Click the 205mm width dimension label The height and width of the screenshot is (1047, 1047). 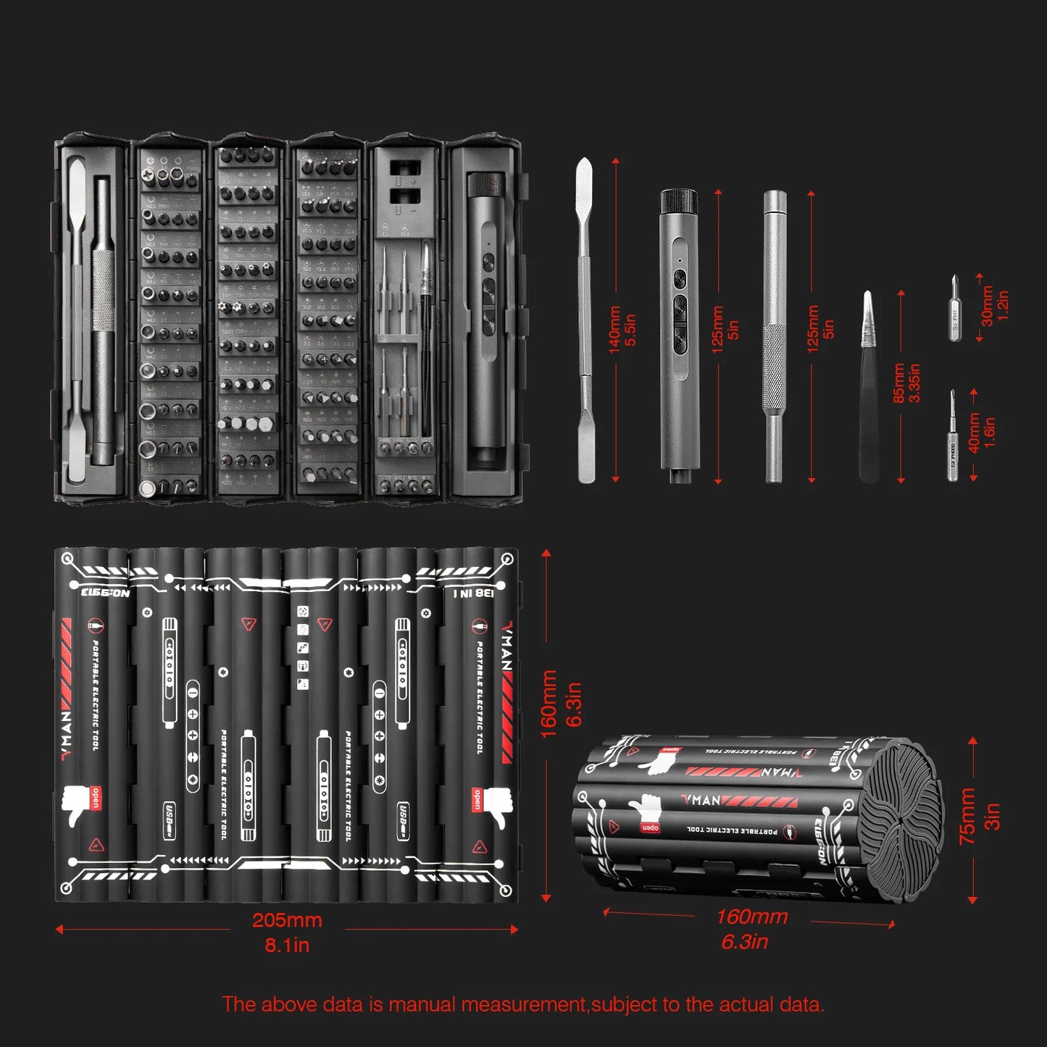[x=287, y=920]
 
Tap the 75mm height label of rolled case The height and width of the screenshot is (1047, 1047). [x=968, y=817]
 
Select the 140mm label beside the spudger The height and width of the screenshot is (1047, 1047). [x=614, y=330]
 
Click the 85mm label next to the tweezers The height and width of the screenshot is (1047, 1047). [x=899, y=383]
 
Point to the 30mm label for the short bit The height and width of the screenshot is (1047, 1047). [x=988, y=306]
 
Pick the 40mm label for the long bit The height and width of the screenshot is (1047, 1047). [x=975, y=433]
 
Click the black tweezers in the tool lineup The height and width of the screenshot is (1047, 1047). [x=869, y=391]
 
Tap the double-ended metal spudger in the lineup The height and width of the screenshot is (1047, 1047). [x=585, y=319]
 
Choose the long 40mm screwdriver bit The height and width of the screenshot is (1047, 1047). [x=954, y=437]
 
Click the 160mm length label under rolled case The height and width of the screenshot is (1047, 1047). [x=751, y=917]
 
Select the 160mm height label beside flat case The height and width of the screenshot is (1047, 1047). [x=549, y=704]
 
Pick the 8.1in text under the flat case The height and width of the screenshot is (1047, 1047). [x=287, y=945]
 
